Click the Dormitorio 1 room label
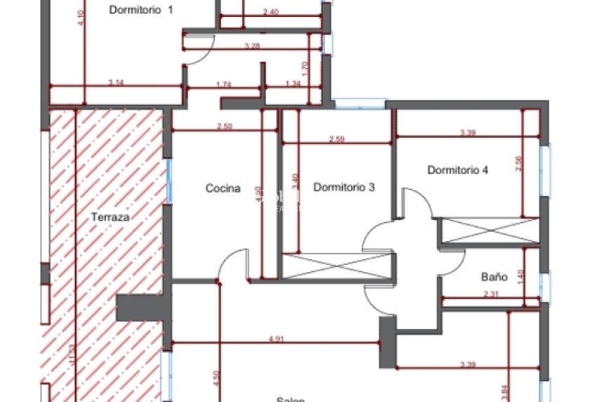click(x=141, y=10)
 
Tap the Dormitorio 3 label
click(x=343, y=187)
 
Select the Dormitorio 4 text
click(x=457, y=170)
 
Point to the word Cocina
click(x=223, y=188)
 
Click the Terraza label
click(x=110, y=217)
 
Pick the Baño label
click(x=494, y=277)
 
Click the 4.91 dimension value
click(x=276, y=338)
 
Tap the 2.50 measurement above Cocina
click(x=224, y=127)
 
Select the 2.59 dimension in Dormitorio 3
click(x=336, y=139)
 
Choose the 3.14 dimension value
click(x=116, y=83)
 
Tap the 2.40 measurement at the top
click(x=270, y=12)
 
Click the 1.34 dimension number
click(x=293, y=84)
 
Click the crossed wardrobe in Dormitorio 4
click(x=488, y=231)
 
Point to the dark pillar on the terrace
click(x=143, y=308)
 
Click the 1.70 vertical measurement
click(x=303, y=68)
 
